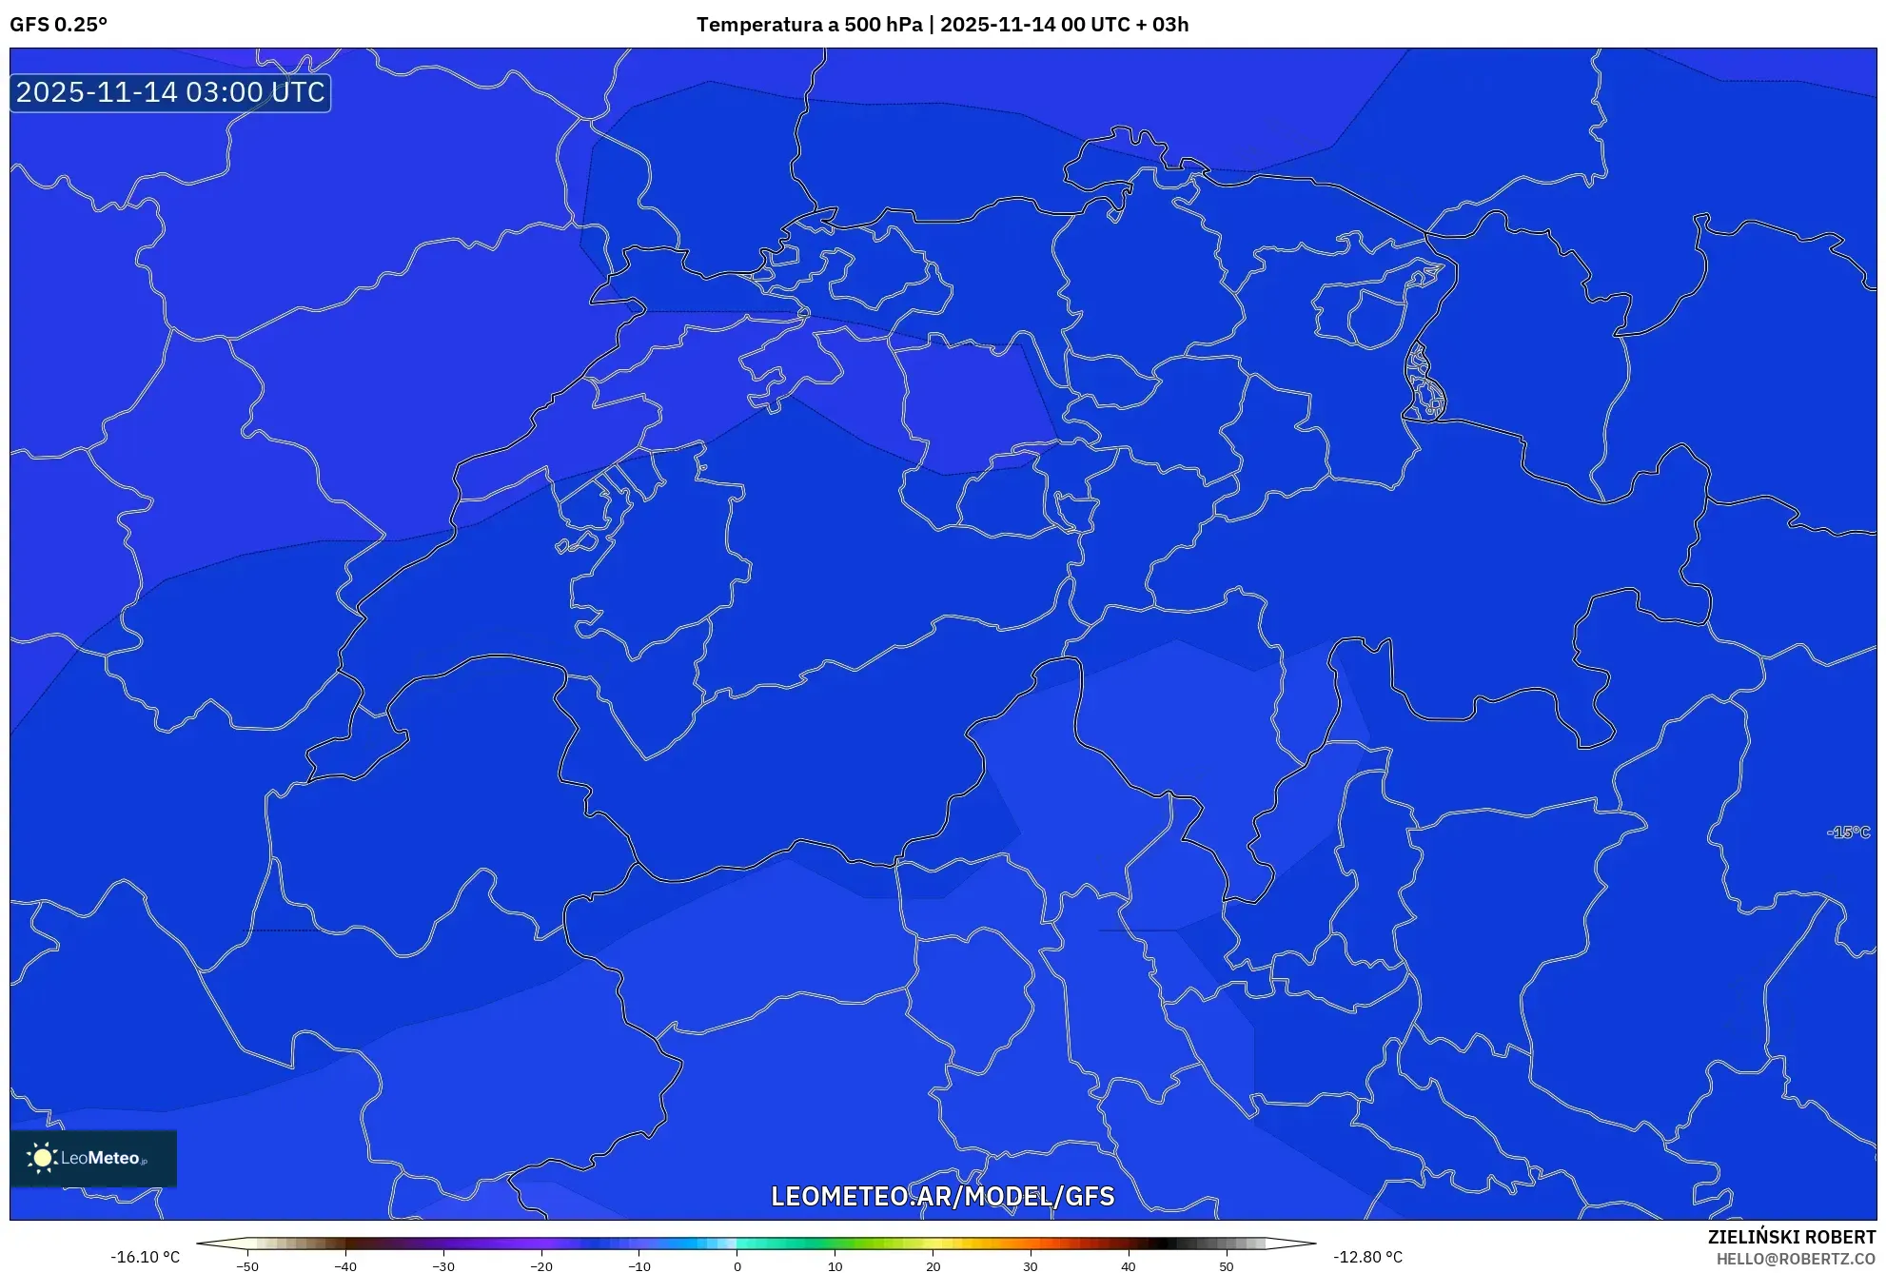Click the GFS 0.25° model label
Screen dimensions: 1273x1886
58,25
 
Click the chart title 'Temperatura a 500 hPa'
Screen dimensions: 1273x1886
809,25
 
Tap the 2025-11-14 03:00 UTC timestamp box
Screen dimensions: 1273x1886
170,92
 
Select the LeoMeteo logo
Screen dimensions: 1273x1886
93,1158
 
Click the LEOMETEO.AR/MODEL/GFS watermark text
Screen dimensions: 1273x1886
942,1196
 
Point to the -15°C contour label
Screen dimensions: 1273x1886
1848,832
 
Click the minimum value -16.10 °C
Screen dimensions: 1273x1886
145,1257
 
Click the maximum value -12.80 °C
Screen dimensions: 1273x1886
1367,1257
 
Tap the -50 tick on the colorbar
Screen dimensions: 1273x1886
247,1266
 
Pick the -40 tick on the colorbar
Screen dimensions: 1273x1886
345,1266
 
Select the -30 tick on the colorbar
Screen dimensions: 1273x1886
443,1266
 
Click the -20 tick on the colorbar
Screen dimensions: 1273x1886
541,1266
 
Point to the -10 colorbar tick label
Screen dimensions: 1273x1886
639,1266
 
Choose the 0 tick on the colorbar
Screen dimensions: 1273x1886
737,1266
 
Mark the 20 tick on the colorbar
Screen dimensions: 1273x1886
933,1266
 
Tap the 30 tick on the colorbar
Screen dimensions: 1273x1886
1031,1266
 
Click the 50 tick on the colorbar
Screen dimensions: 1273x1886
1227,1266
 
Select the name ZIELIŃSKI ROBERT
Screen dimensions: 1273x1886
1791,1237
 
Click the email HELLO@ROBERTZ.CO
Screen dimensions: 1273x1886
1795,1259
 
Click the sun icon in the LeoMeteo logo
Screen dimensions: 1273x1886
42,1158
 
